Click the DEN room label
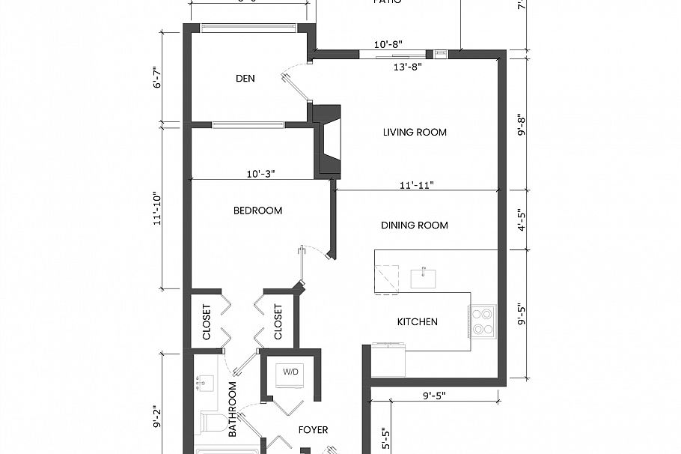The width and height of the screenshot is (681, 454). click(246, 79)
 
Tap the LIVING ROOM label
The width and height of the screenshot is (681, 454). click(415, 133)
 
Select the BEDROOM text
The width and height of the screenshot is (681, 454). click(257, 211)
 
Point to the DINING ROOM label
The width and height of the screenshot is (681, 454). click(415, 226)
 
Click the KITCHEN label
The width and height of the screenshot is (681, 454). click(417, 322)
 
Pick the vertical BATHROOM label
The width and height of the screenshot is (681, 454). click(233, 410)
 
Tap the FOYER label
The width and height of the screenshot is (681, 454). click(313, 430)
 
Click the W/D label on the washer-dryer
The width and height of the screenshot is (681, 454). click(289, 372)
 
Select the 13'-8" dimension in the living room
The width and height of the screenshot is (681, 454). click(408, 66)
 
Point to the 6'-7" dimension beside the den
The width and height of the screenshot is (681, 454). click(156, 78)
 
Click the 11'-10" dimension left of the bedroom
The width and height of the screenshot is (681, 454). click(156, 209)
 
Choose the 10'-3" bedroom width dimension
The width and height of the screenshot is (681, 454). click(261, 173)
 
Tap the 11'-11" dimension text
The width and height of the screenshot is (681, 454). click(416, 184)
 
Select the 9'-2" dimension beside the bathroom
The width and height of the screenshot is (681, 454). click(156, 417)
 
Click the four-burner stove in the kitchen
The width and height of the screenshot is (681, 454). click(482, 320)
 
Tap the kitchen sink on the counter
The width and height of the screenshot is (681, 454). click(424, 278)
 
